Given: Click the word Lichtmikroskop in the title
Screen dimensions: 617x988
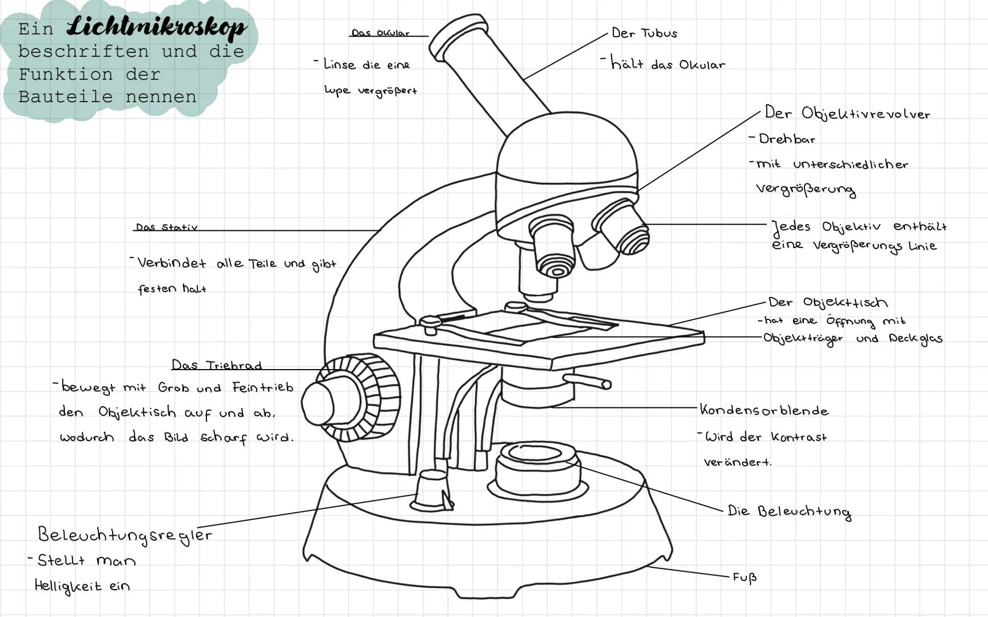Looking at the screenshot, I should (x=157, y=27).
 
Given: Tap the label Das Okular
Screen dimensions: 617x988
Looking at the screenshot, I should (x=380, y=33).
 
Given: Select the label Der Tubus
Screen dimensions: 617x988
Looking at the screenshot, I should (x=644, y=33).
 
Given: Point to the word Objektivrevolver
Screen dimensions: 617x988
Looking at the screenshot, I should (x=866, y=114).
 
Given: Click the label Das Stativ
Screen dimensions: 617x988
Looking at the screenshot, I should (x=166, y=227).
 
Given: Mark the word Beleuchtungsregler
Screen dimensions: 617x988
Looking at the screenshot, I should (x=125, y=535).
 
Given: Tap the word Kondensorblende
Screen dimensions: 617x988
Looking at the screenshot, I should (x=764, y=410).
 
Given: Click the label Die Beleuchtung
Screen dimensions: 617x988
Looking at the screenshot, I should (x=788, y=511).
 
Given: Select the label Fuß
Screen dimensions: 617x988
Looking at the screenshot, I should (x=744, y=578).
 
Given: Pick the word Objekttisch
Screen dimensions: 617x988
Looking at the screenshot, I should (x=845, y=303).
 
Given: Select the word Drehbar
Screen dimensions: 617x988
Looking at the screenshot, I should (x=787, y=139).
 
